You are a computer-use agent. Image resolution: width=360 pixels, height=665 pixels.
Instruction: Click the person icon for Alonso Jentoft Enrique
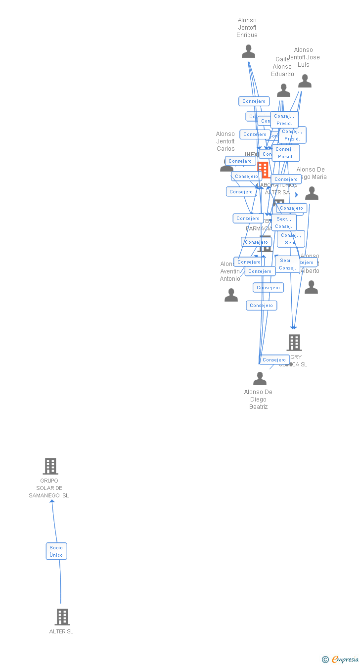(x=248, y=51)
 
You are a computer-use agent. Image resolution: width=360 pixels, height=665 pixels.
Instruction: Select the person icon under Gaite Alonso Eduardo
(x=283, y=90)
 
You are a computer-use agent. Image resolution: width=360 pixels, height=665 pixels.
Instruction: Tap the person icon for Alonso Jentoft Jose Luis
(x=305, y=81)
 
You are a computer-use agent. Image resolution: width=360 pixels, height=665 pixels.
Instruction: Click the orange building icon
(x=263, y=170)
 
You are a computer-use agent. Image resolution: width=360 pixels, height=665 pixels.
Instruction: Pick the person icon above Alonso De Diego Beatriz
(x=260, y=379)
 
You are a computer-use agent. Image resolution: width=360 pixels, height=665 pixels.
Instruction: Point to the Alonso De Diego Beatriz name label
(x=258, y=399)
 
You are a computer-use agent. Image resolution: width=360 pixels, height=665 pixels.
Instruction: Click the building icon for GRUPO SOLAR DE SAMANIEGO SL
(x=50, y=466)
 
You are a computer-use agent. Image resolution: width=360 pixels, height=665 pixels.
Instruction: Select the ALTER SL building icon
(x=62, y=617)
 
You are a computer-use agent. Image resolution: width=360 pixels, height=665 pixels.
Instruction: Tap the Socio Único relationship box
(x=56, y=551)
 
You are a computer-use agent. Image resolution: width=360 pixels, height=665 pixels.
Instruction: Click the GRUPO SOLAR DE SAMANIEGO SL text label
(x=49, y=488)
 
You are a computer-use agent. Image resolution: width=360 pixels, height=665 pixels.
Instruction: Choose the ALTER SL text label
(x=61, y=631)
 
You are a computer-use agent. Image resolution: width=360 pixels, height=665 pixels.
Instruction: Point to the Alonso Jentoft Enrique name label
(x=247, y=28)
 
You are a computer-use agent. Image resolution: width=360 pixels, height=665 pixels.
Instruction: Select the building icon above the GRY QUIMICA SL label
(x=294, y=342)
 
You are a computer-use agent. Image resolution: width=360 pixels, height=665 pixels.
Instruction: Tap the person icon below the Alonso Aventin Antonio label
(x=231, y=295)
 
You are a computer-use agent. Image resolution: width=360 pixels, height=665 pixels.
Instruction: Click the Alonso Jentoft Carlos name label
(x=225, y=141)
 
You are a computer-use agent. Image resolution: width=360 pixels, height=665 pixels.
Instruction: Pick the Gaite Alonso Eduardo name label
(x=282, y=67)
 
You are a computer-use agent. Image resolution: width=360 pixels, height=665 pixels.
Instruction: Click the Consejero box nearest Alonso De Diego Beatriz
(x=274, y=360)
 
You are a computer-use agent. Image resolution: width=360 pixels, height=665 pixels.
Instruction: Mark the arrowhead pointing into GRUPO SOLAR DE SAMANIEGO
(x=52, y=501)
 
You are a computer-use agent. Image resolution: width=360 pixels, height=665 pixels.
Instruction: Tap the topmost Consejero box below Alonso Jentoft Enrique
(x=254, y=101)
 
